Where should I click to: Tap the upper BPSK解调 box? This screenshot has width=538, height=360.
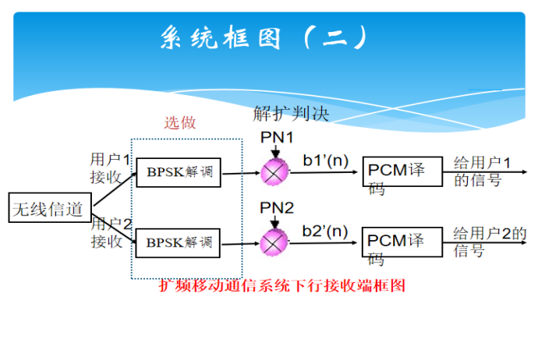(x=179, y=171)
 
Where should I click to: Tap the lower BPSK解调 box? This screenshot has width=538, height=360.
(x=179, y=242)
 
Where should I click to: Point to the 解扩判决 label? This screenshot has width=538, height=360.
(x=291, y=114)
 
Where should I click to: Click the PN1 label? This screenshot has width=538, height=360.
(x=277, y=138)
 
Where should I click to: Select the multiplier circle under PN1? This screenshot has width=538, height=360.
(x=274, y=172)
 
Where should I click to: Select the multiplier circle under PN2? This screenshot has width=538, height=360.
(x=274, y=242)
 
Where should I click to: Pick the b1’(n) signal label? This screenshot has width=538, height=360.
(x=325, y=161)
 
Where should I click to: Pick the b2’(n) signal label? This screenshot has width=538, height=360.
(x=325, y=231)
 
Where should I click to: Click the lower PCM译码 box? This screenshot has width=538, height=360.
(x=397, y=243)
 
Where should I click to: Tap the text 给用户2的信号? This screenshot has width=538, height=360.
(x=488, y=242)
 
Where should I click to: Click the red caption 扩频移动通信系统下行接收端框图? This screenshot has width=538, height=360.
(x=282, y=286)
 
